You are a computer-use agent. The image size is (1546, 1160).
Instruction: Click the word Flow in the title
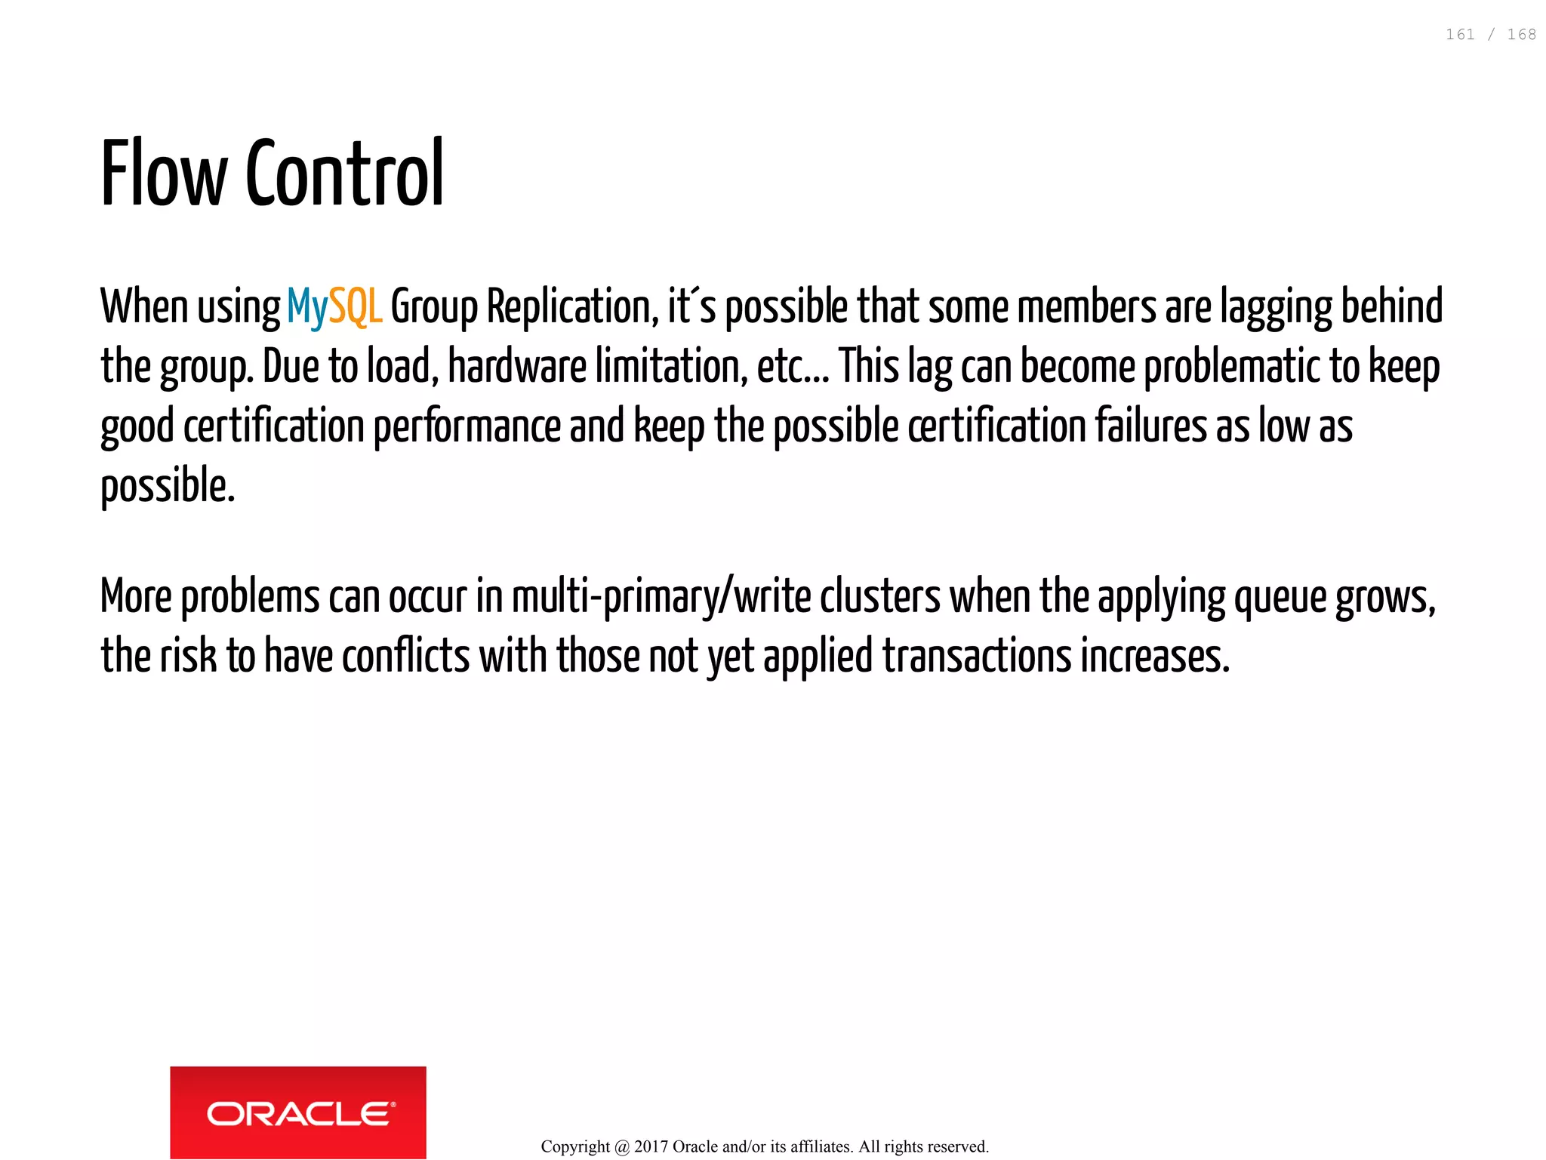point(164,174)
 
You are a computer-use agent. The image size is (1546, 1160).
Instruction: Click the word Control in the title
point(345,174)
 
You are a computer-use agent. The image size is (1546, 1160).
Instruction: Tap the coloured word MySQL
point(334,307)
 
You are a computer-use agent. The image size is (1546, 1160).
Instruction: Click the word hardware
point(517,367)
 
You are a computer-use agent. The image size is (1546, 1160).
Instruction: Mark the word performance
point(467,426)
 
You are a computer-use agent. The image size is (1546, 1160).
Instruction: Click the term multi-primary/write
point(661,597)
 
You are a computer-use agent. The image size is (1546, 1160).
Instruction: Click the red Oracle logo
point(298,1112)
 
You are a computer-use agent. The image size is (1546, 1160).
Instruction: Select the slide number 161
point(1460,35)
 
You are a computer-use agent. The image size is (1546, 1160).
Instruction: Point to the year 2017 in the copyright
point(651,1147)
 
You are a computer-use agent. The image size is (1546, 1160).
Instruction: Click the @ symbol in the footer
point(622,1147)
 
